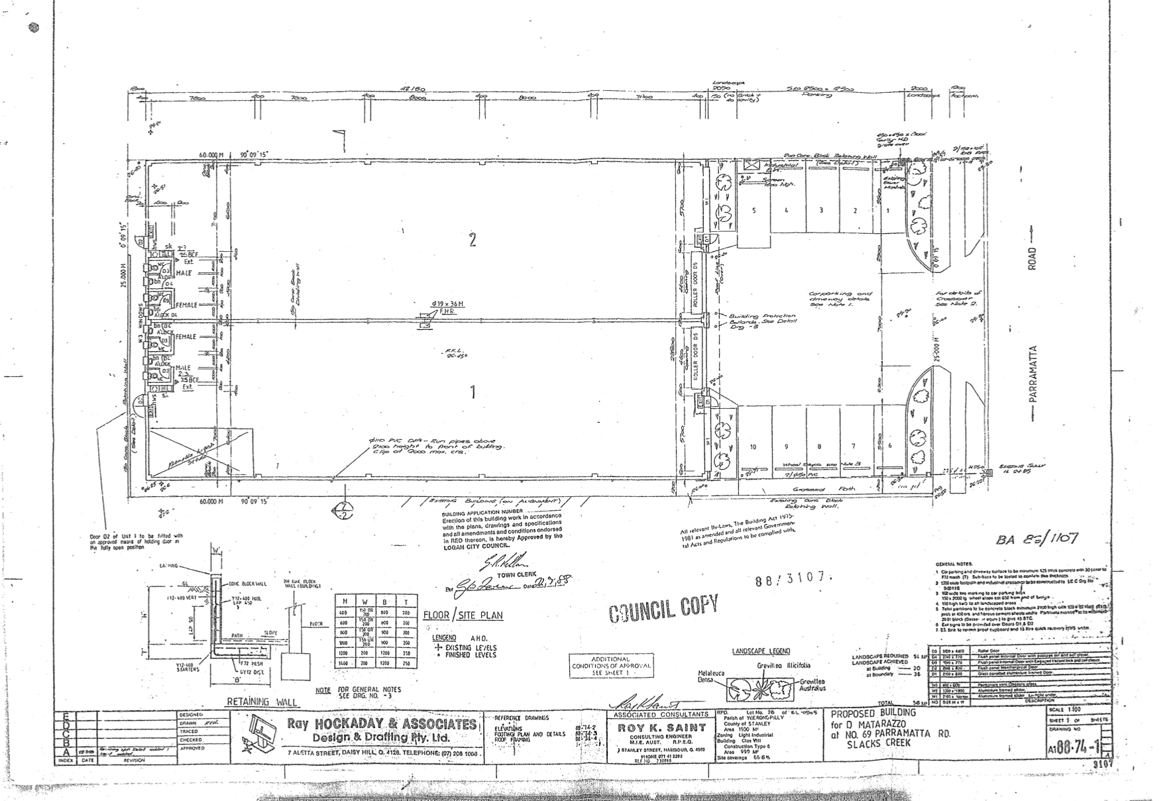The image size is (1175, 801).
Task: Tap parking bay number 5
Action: click(754, 210)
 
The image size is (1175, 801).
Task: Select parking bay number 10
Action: click(753, 447)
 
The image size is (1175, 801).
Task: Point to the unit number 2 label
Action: click(472, 240)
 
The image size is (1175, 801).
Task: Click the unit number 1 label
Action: click(473, 393)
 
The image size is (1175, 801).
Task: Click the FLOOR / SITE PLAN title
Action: click(463, 615)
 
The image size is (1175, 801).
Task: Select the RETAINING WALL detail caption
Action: click(262, 702)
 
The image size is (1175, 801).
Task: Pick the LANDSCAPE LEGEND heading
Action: click(761, 651)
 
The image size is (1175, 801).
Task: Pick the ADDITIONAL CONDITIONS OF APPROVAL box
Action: click(611, 665)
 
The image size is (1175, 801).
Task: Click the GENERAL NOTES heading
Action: click(954, 563)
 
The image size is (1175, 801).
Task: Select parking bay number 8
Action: click(819, 447)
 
